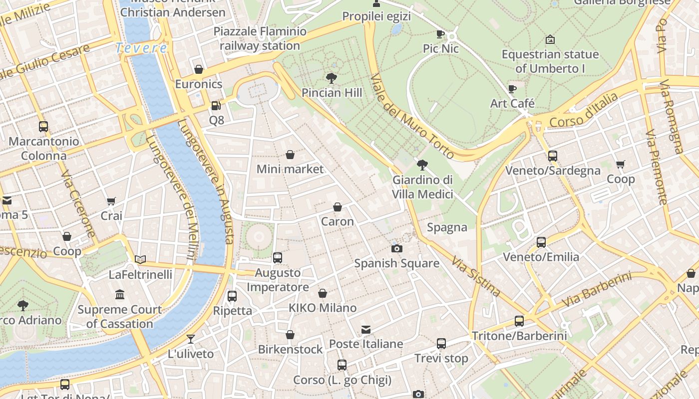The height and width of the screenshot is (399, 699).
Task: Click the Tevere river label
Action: click(141, 48)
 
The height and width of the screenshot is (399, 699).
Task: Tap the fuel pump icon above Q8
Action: click(216, 106)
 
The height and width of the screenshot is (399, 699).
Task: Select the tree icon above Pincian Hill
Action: click(331, 78)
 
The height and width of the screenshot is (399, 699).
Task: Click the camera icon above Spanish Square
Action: click(397, 248)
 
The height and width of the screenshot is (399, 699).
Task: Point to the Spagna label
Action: click(447, 228)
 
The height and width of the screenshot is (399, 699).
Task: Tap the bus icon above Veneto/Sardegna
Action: click(552, 156)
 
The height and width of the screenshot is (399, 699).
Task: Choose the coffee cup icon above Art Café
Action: click(512, 89)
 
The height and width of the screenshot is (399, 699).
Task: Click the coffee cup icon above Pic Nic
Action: click(440, 34)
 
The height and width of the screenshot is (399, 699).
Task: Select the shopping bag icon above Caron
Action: click(338, 207)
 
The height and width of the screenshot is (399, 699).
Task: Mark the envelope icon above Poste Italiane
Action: click(366, 330)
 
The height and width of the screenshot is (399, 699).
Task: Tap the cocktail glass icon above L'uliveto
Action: click(190, 340)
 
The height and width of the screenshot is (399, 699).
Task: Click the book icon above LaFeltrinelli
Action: click(140, 260)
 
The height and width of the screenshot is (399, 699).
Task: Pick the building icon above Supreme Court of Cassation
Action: click(120, 295)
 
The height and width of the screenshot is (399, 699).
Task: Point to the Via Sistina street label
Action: click(476, 276)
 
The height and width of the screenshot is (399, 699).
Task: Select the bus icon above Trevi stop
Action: click(441, 344)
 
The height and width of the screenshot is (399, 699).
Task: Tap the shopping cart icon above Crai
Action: click(111, 201)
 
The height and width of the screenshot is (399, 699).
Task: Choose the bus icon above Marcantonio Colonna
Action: click(43, 127)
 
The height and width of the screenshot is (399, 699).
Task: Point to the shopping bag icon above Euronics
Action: click(199, 69)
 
